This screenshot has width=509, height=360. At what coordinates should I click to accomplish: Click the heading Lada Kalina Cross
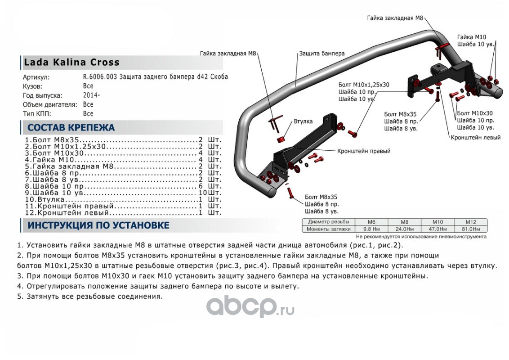point(71,63)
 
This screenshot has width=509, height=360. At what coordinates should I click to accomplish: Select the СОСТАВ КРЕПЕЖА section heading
point(71,127)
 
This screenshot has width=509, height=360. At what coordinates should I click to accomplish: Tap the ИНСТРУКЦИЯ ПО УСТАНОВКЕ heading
point(98,225)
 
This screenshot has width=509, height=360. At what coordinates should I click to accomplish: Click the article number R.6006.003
point(101,76)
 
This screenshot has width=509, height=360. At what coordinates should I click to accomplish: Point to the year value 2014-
point(92,95)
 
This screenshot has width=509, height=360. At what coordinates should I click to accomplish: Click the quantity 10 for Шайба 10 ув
point(203,192)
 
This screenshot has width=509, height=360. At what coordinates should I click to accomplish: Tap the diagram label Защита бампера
point(322,53)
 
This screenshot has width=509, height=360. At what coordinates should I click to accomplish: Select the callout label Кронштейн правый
point(364,151)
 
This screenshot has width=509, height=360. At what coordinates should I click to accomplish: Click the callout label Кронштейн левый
point(476,137)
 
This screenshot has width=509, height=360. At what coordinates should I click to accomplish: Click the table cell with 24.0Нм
point(404,229)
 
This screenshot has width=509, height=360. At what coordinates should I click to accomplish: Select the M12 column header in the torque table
point(470,222)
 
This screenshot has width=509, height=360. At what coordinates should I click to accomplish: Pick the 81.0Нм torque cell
point(470,229)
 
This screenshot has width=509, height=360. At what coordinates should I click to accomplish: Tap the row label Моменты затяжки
point(329,229)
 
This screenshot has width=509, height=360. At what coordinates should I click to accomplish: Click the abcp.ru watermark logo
point(250,307)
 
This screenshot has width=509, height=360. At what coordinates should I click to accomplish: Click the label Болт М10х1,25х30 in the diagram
point(364,85)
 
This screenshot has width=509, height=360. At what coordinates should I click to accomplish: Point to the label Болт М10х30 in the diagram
point(474,113)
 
